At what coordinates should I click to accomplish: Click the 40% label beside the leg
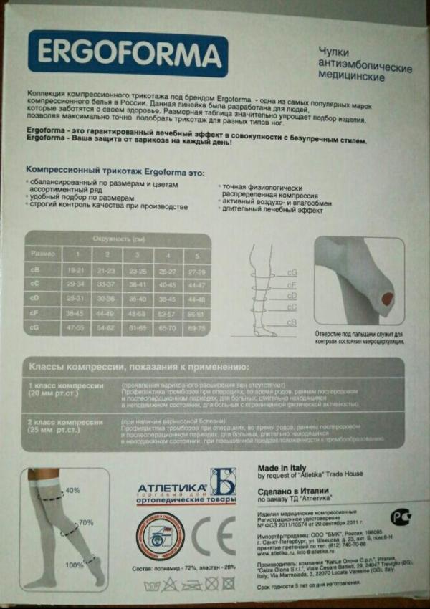[72, 490]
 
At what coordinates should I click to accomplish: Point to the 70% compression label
[85, 522]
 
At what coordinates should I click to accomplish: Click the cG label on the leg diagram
[292, 272]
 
